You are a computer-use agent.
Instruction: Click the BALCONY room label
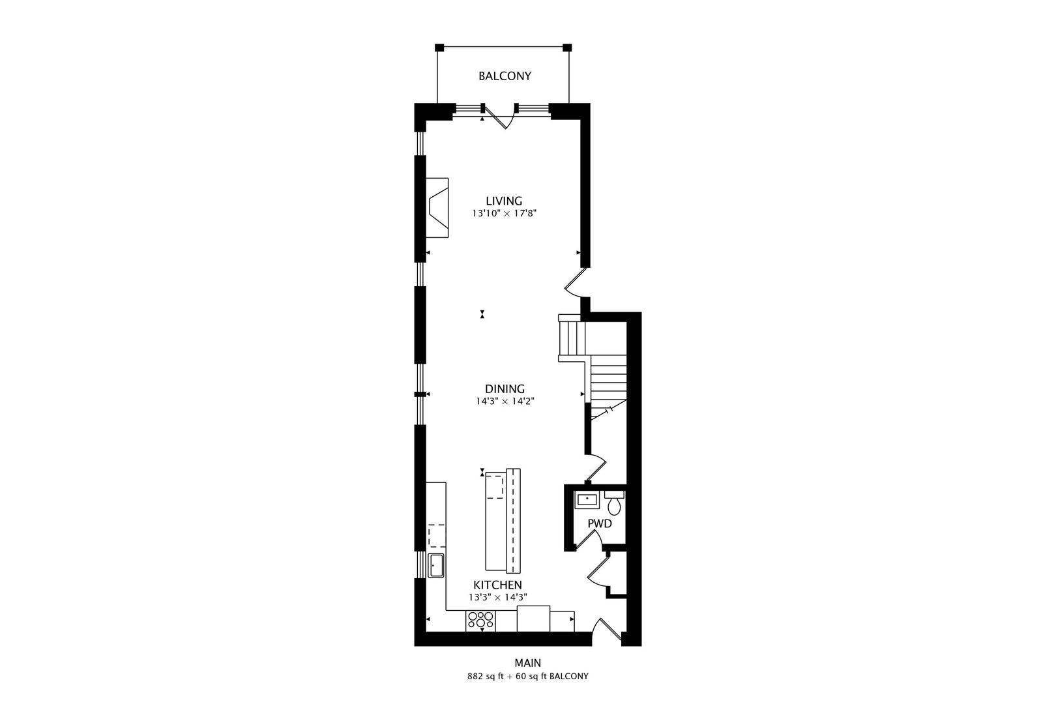(x=505, y=76)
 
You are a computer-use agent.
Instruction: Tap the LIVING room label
(x=504, y=201)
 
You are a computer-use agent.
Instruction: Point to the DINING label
(x=505, y=389)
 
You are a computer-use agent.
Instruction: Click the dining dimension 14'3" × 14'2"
(x=505, y=402)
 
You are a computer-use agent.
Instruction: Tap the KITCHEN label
(x=497, y=585)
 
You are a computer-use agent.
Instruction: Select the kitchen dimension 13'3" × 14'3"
(x=497, y=597)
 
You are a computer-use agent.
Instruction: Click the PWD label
(x=599, y=523)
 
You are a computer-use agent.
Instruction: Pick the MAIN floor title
(x=527, y=663)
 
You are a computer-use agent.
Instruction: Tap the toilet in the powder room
(x=614, y=503)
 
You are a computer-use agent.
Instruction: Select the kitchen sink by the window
(x=435, y=565)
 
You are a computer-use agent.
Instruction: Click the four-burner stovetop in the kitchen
(x=480, y=620)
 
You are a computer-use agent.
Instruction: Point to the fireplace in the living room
(x=437, y=208)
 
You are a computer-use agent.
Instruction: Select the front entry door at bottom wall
(x=606, y=630)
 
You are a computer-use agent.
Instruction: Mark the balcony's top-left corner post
(x=439, y=48)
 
